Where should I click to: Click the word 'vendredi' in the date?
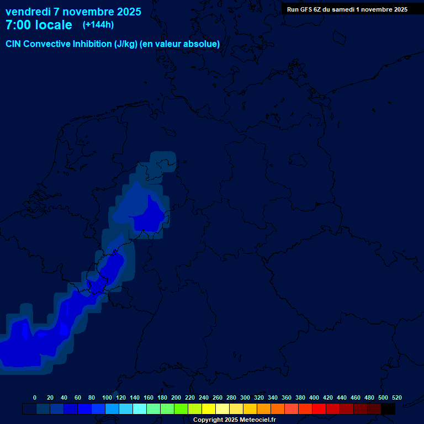(28, 12)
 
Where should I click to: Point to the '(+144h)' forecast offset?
(98, 25)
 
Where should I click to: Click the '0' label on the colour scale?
(35, 397)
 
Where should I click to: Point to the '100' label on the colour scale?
(107, 397)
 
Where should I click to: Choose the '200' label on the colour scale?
(176, 397)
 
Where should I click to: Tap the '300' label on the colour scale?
(245, 397)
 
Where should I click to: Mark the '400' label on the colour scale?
(314, 397)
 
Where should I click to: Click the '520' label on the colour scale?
(396, 397)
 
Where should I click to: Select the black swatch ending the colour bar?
(388, 409)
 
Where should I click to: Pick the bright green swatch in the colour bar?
(181, 409)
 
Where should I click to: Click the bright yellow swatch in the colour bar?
(209, 409)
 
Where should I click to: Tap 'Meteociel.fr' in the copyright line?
(258, 420)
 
